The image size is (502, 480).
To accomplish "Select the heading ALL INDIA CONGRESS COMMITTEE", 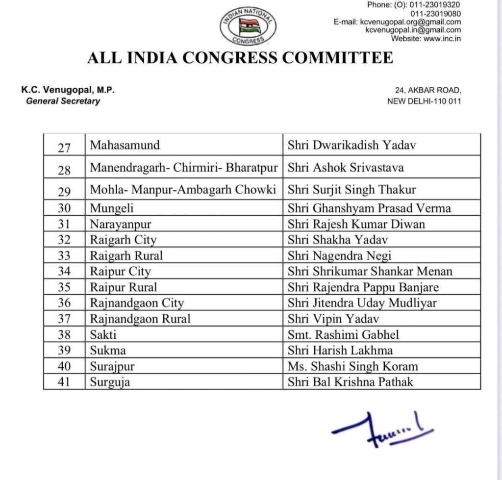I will (x=240, y=58).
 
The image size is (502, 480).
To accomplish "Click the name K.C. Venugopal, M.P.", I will (x=68, y=91).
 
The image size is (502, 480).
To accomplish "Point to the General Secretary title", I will (x=63, y=101).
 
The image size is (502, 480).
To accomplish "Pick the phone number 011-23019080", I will (x=435, y=13).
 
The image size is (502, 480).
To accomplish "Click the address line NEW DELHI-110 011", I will (x=424, y=101).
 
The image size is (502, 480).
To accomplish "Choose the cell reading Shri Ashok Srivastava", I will (x=346, y=168).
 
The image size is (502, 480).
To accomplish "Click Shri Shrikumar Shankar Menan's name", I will (x=370, y=271).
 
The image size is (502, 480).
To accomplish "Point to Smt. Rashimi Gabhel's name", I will (x=343, y=335).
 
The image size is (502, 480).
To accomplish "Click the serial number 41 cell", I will (x=64, y=382).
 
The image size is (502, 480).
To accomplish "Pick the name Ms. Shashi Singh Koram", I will (x=353, y=366).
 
